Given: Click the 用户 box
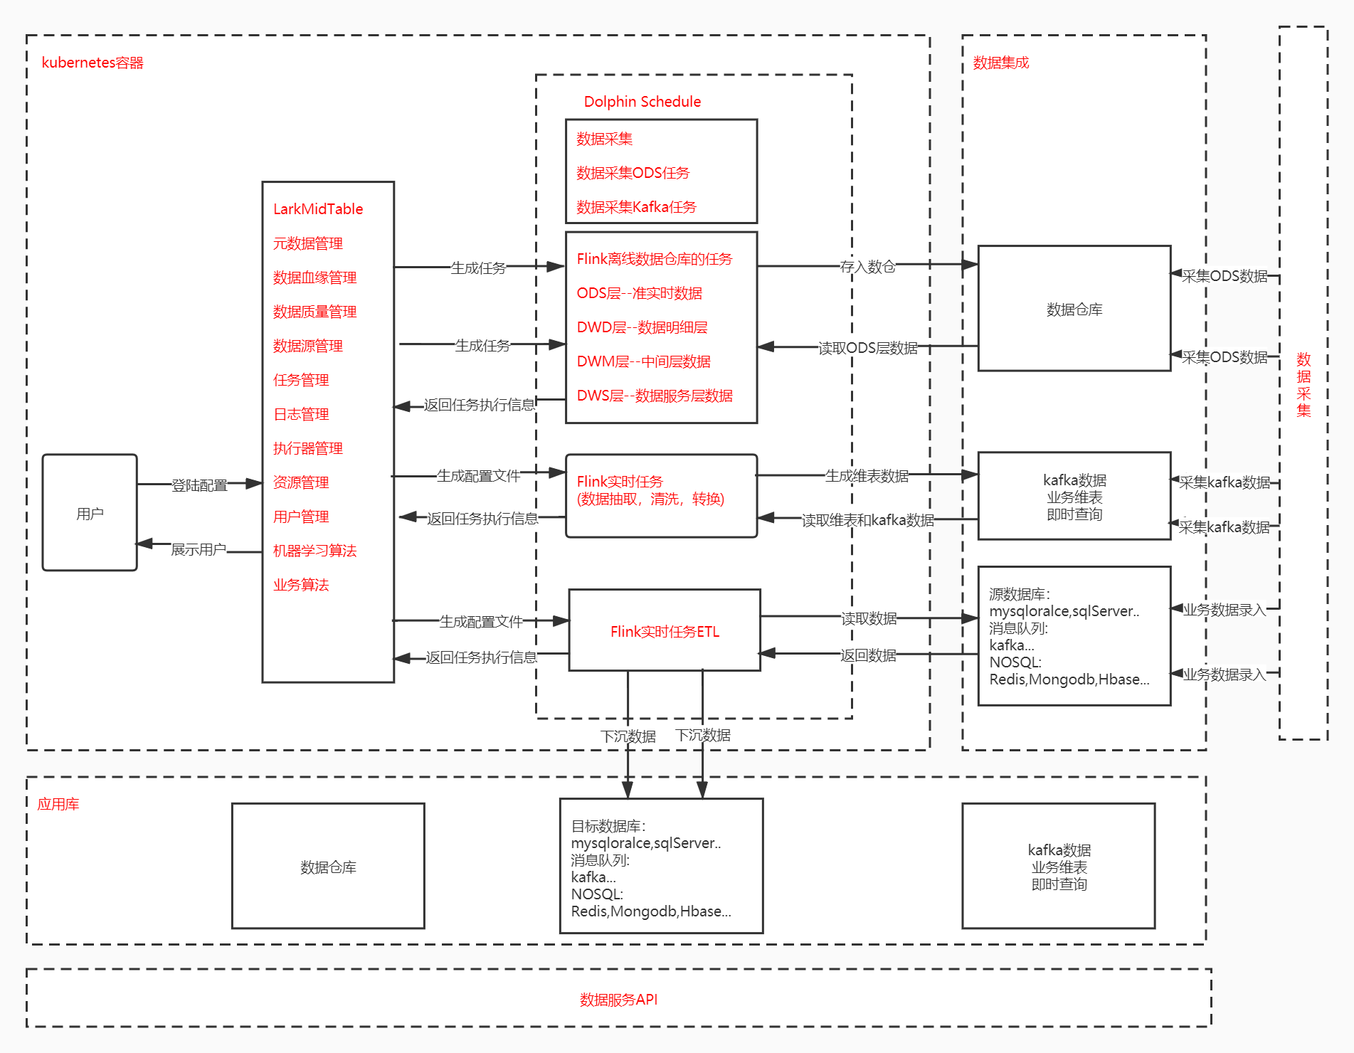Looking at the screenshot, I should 90,513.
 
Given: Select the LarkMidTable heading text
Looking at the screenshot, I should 318,209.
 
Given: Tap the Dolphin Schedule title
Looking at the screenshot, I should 642,102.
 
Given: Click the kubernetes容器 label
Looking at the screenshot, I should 92,63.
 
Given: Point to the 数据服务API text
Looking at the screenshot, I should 618,1000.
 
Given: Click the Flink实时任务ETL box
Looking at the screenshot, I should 665,631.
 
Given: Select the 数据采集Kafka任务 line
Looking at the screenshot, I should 636,207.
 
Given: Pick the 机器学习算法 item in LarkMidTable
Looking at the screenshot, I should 314,551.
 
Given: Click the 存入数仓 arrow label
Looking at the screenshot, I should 867,267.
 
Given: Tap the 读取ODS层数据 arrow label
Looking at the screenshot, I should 867,348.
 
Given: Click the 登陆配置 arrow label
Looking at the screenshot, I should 199,485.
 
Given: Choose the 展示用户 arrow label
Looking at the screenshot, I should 198,549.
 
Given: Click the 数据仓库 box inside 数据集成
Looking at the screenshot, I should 1074,309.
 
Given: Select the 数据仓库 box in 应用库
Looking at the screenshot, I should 328,867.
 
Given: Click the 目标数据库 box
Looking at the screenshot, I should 661,867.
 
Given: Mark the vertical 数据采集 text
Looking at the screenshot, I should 1303,384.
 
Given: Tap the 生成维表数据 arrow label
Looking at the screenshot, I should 866,476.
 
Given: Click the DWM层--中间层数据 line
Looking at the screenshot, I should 643,361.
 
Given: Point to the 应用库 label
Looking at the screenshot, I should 58,804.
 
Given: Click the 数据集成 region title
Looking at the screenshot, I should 1000,63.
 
